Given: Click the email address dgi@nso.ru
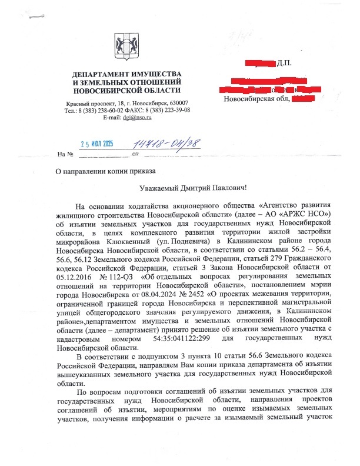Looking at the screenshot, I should click(138, 118).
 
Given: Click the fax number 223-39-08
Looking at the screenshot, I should click(171, 111).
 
